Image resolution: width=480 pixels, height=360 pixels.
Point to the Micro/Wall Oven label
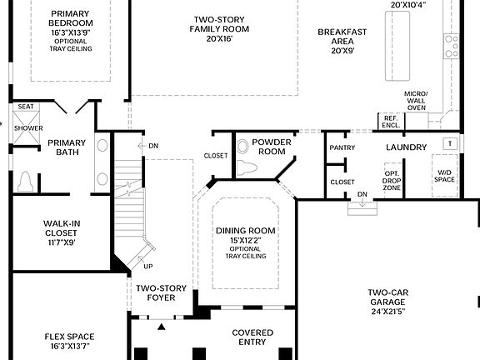click(x=415, y=101)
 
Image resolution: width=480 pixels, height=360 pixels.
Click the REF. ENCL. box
click(x=389, y=120)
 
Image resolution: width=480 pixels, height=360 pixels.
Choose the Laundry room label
click(x=407, y=147)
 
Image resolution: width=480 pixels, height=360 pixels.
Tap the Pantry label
click(x=342, y=147)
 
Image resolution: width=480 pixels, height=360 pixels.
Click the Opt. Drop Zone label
click(x=391, y=181)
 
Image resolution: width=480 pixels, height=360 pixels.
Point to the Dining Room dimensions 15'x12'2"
click(x=245, y=240)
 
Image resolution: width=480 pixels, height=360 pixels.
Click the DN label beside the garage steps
click(x=362, y=194)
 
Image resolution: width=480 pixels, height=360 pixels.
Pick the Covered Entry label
click(x=252, y=337)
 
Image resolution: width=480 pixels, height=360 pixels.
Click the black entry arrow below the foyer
click(x=162, y=326)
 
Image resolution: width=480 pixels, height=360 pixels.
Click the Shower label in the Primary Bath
click(x=27, y=127)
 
